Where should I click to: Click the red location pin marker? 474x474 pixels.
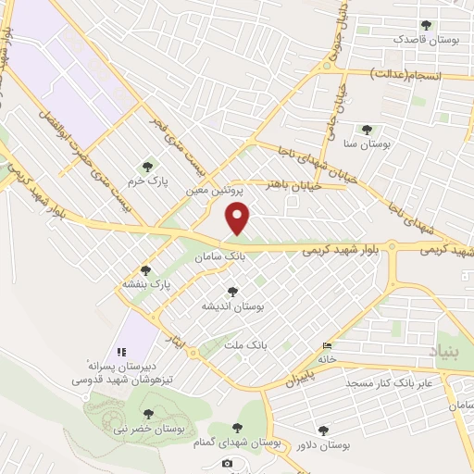(x=239, y=219)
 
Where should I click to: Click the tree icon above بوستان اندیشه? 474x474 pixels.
(x=232, y=292)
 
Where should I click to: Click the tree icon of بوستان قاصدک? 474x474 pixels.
(x=426, y=26)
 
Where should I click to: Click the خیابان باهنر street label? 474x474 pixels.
(x=295, y=184)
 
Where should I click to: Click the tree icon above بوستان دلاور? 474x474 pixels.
(x=322, y=430)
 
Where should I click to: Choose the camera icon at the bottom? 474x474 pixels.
(x=228, y=463)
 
